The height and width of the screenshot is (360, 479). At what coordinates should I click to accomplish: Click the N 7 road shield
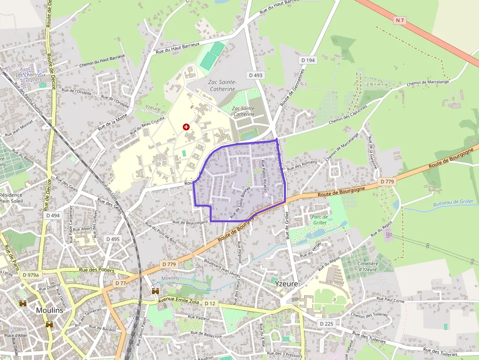tap(400, 20)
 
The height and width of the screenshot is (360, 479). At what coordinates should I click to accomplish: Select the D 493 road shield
tap(256, 75)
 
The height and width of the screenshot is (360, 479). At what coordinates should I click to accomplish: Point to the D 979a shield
tap(30, 275)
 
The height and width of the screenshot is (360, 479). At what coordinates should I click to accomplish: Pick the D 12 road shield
tap(210, 303)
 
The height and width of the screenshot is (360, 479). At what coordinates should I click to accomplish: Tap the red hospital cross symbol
tap(186, 127)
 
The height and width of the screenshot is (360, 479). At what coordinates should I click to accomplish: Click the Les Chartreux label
tap(31, 75)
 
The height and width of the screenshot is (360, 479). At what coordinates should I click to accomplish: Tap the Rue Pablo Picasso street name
tap(264, 176)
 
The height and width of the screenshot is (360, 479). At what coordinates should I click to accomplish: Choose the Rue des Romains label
tap(302, 165)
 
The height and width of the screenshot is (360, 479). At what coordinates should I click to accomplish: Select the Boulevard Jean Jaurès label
tap(223, 267)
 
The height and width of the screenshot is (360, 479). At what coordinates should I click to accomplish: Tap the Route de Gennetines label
tap(292, 87)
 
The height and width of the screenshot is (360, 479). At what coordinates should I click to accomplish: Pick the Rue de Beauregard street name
tap(190, 222)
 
